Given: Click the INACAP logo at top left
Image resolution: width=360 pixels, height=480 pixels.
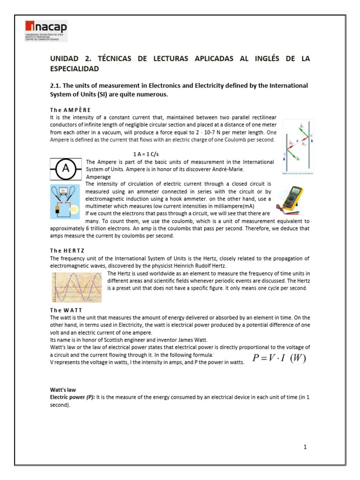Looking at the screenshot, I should [46, 31].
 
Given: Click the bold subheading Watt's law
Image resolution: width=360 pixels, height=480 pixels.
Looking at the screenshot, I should [63, 390].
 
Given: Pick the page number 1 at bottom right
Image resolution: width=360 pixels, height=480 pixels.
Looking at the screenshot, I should [305, 447].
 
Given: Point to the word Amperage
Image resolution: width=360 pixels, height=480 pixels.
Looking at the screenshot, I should [98, 177].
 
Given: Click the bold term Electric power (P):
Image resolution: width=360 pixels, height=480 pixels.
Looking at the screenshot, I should [73, 397].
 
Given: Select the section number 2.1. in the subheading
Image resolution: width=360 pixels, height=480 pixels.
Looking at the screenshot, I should [56, 85].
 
